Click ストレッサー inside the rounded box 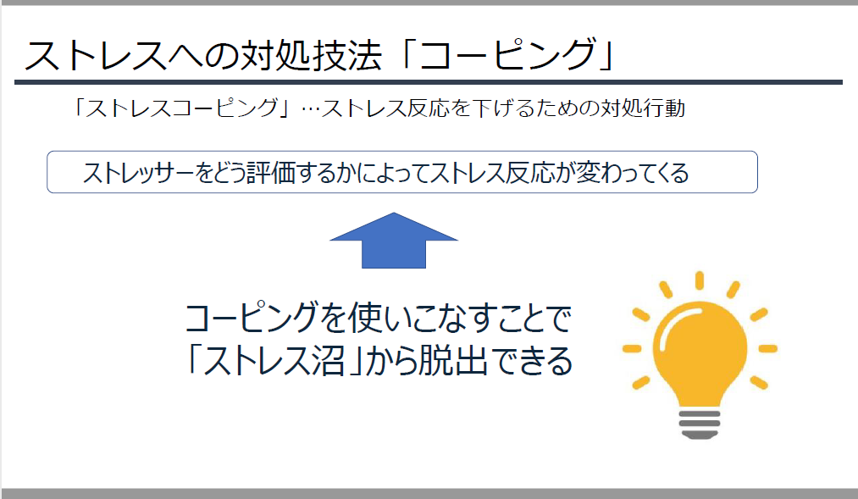pos(138,173)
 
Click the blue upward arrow pos(394,241)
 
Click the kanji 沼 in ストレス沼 pos(328,361)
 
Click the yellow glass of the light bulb pos(700,350)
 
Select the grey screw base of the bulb pos(700,424)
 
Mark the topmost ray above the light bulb pos(700,280)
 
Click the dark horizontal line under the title pos(429,82)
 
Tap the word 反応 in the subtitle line pos(428,108)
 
